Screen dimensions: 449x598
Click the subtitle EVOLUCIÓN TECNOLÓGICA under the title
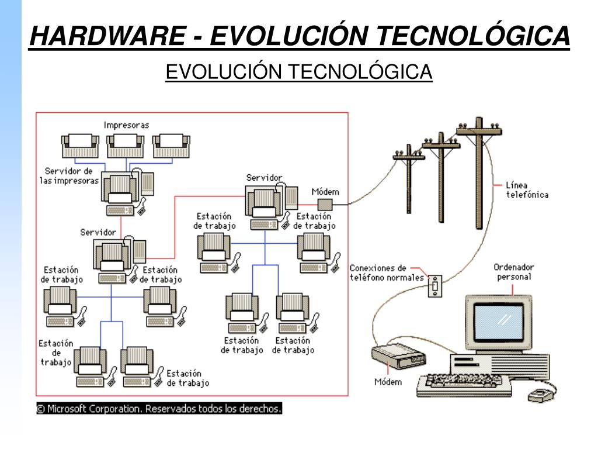[x=298, y=72]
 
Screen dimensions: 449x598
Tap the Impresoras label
[x=126, y=125]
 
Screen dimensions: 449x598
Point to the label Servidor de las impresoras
[x=69, y=175]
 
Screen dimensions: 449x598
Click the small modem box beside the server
[x=325, y=204]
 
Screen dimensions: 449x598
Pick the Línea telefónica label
[x=527, y=190]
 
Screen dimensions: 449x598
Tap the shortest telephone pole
[x=408, y=181]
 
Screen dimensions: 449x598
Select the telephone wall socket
[x=435, y=286]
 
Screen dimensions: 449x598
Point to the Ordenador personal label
[x=514, y=272]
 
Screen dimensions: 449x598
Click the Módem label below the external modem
[x=388, y=382]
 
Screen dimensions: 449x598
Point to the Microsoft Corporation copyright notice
[x=159, y=409]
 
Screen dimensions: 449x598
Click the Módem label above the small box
[x=325, y=192]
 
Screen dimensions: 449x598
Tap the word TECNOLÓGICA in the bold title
[x=472, y=36]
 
